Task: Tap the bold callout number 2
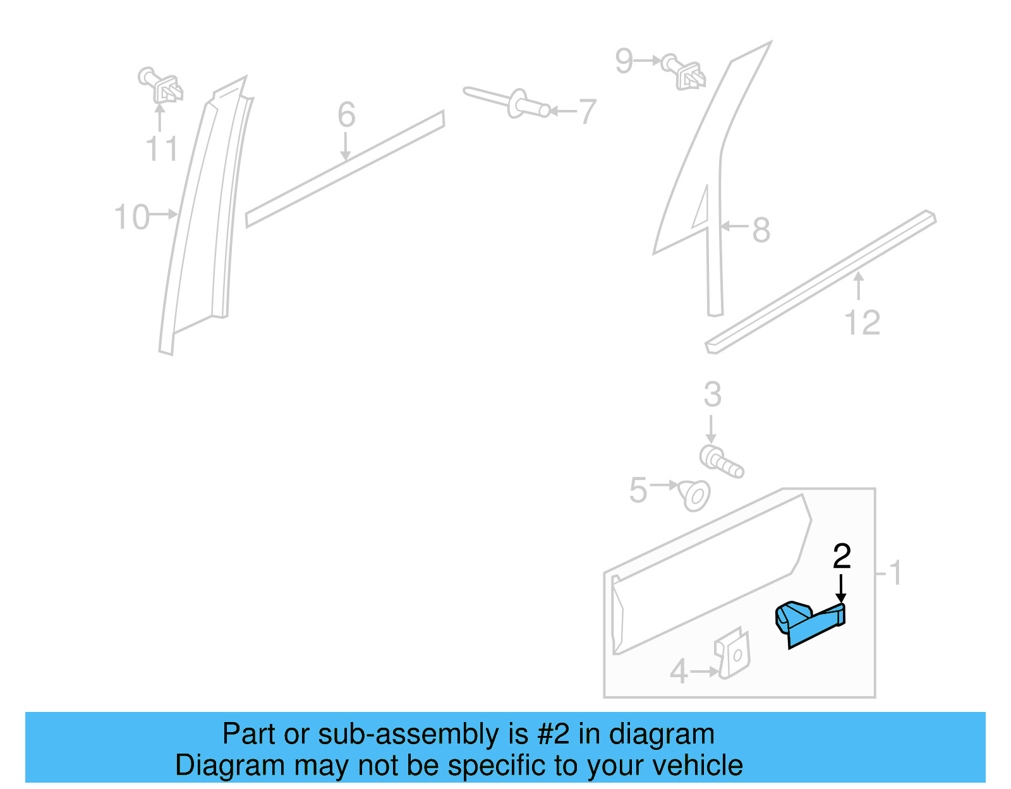[x=842, y=557]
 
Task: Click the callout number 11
[x=162, y=149]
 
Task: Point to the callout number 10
[x=131, y=217]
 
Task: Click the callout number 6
[x=346, y=115]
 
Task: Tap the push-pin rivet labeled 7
[x=505, y=102]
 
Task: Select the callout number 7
[x=588, y=112]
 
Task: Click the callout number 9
[x=624, y=61]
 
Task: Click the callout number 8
[x=761, y=229]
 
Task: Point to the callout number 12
[x=862, y=323]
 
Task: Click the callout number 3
[x=712, y=395]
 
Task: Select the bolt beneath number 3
[x=721, y=462]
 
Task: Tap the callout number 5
[x=638, y=490]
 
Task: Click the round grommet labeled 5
[x=694, y=495]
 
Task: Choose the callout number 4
[x=679, y=672]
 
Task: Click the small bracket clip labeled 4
[x=733, y=654]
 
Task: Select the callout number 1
[x=895, y=573]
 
